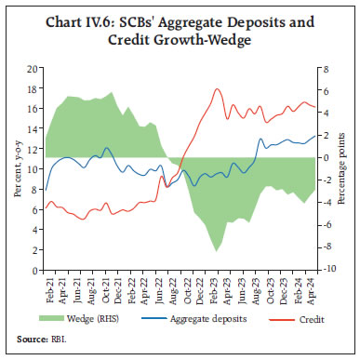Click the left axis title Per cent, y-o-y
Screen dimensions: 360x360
pyautogui.click(x=15, y=168)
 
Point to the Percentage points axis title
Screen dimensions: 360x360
pyautogui.click(x=348, y=168)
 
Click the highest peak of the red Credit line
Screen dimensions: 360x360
pyautogui.click(x=217, y=89)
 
